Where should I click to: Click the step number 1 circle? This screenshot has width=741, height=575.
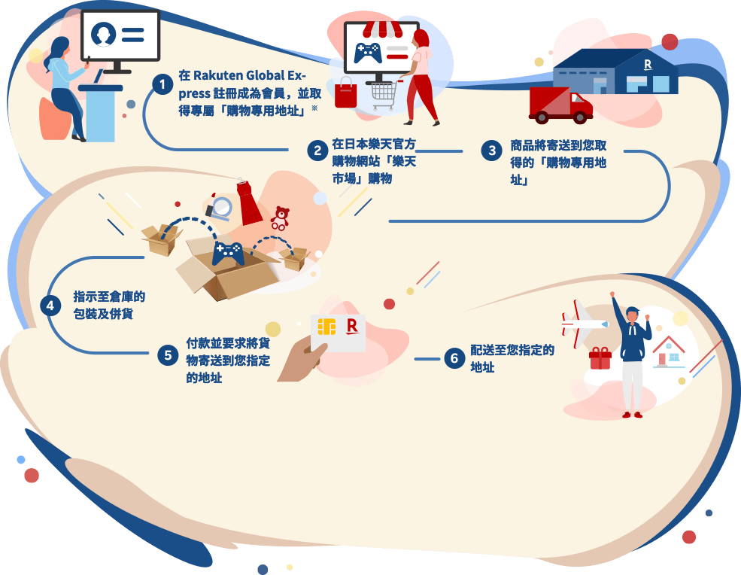click(162, 84)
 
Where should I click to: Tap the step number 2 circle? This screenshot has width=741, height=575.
click(317, 151)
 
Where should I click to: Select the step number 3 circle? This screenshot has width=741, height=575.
click(491, 151)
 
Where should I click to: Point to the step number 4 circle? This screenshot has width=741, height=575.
click(50, 306)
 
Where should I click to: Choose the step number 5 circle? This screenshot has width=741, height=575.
click(168, 354)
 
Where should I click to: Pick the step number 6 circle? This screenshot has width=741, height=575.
click(454, 358)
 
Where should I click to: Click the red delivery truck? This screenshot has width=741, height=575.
click(561, 105)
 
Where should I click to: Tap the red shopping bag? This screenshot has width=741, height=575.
click(346, 93)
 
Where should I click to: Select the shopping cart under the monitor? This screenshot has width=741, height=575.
click(383, 95)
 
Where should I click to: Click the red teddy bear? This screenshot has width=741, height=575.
click(280, 218)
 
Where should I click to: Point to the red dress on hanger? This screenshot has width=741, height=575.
click(249, 202)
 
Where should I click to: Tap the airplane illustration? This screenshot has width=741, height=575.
click(584, 324)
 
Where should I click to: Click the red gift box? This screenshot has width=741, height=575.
click(600, 358)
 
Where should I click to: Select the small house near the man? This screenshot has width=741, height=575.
click(669, 351)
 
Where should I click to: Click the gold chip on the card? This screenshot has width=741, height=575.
click(326, 327)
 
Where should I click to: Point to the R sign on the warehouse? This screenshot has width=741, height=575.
click(648, 65)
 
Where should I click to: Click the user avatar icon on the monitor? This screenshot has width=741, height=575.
click(104, 34)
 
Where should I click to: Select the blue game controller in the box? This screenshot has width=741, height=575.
click(228, 254)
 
